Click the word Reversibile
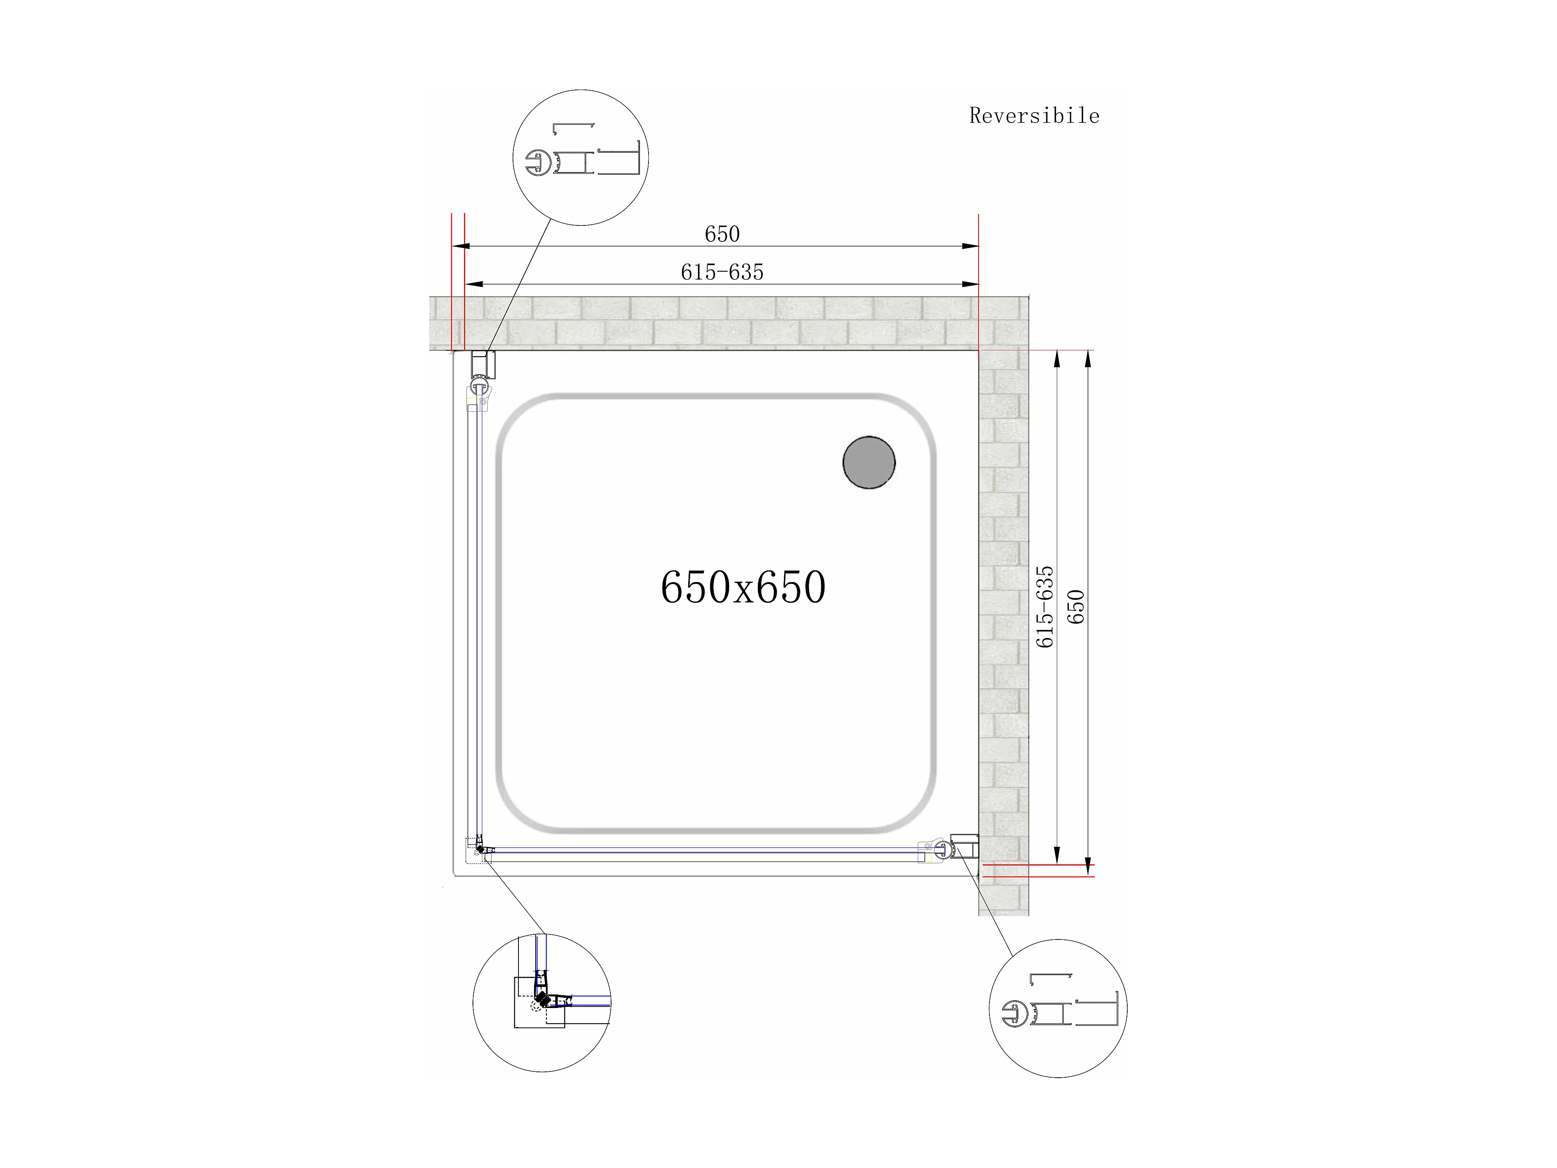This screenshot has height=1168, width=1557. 1034,116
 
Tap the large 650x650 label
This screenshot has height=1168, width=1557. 743,587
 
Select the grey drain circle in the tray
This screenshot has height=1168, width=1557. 869,463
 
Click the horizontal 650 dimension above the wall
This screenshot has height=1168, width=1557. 722,234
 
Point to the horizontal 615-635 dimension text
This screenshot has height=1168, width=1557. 722,272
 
